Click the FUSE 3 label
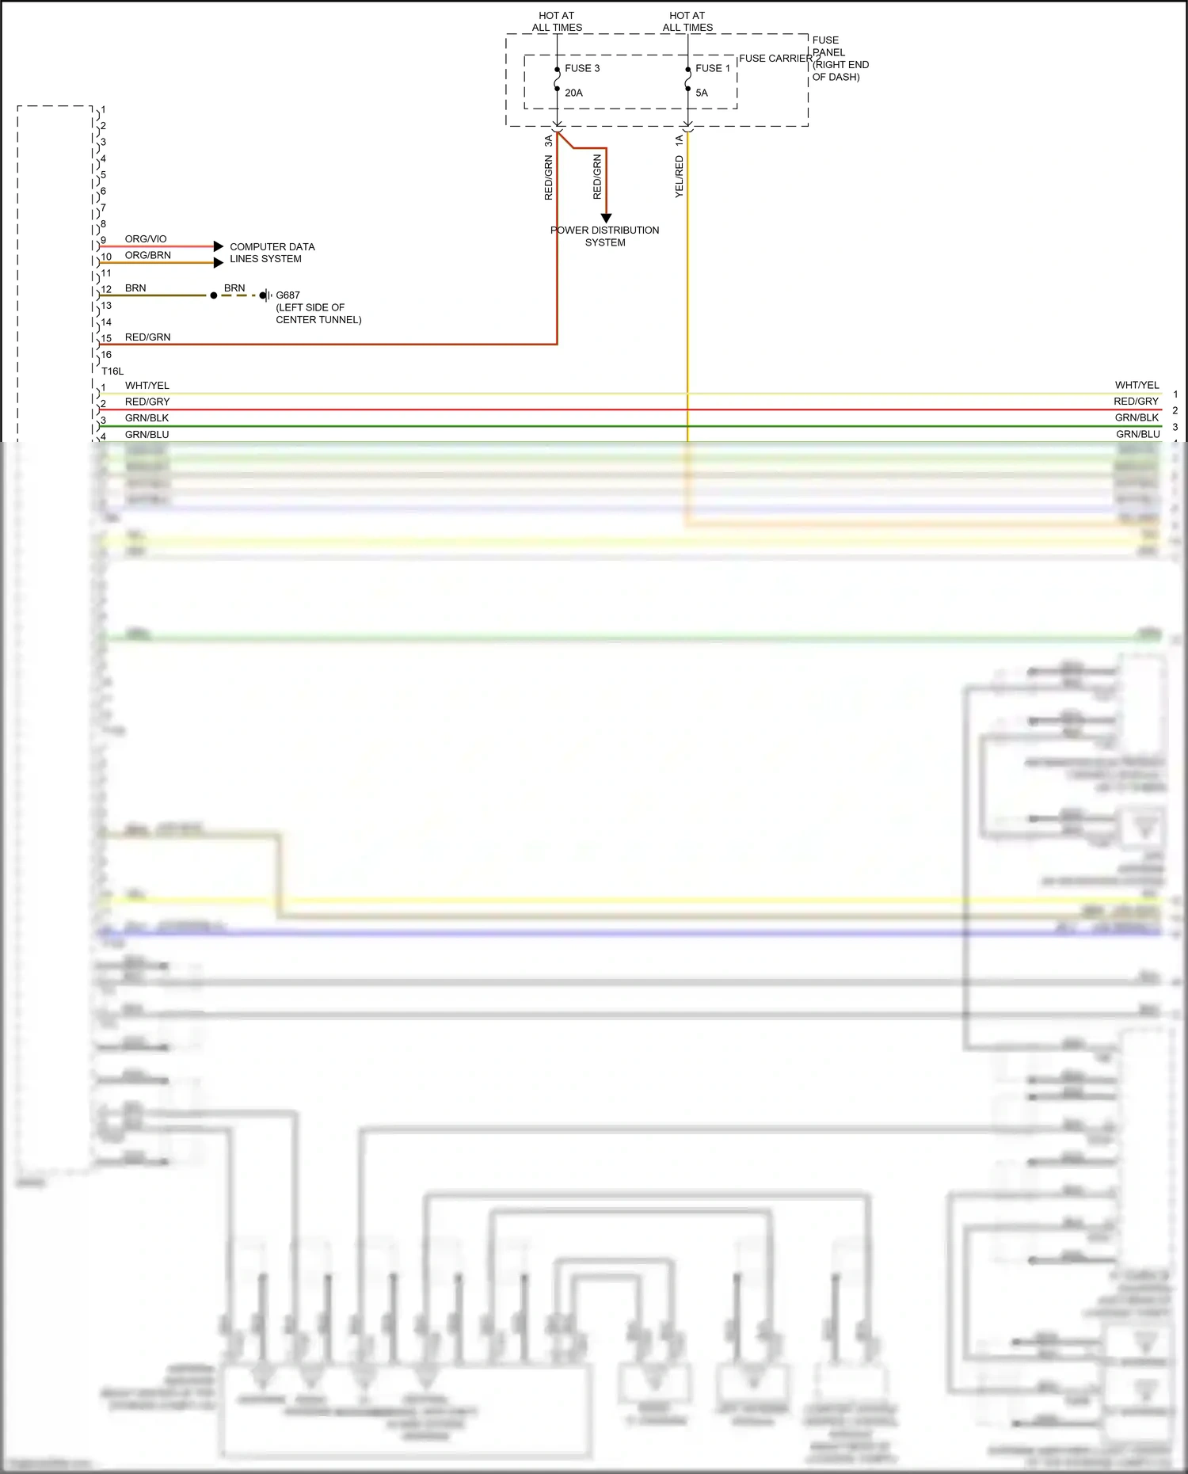(x=581, y=68)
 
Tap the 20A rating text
(x=573, y=93)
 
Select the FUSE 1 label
(x=712, y=68)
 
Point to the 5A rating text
(x=702, y=93)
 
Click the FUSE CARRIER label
(x=775, y=59)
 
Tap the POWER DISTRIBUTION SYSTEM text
(x=605, y=236)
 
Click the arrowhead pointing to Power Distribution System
(x=606, y=218)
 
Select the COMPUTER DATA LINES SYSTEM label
(x=272, y=253)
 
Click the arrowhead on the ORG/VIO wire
(x=219, y=246)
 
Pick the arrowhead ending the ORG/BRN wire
(x=219, y=263)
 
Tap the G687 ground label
(x=287, y=295)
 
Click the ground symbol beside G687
(x=266, y=295)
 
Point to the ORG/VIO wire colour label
(x=146, y=238)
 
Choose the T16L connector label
(x=112, y=371)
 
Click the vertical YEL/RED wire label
(x=679, y=176)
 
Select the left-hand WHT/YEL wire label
(x=147, y=386)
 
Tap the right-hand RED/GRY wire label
(x=1136, y=402)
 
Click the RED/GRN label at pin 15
(x=147, y=337)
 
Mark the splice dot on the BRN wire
(x=214, y=295)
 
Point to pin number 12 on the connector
(x=106, y=289)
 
